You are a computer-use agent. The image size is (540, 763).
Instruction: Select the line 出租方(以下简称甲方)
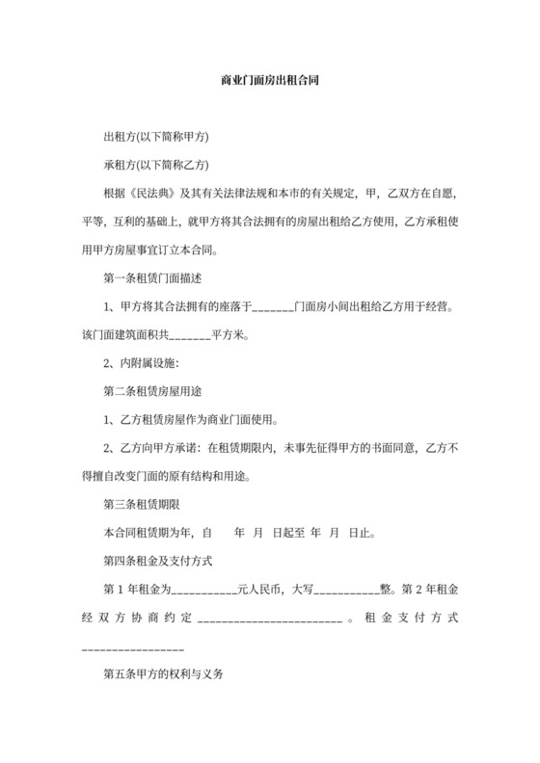tap(156, 136)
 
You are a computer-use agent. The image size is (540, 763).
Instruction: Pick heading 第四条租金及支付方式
tap(157, 559)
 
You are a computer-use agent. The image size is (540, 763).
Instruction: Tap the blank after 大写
tap(346, 587)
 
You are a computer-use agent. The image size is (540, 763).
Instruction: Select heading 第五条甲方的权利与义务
tap(164, 675)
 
